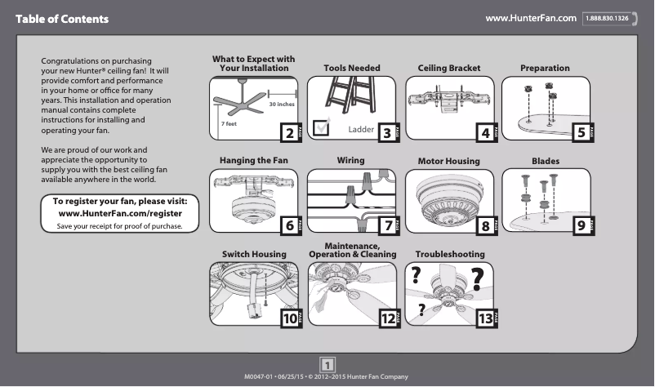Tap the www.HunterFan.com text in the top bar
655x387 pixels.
pos(531,18)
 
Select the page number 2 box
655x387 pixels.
pos(287,132)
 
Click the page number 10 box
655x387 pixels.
pos(290,319)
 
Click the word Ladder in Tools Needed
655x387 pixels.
pos(360,130)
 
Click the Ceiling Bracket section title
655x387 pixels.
pos(449,68)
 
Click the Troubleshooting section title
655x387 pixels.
pos(450,255)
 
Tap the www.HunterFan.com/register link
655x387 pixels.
pos(120,212)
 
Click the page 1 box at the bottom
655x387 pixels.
pos(327,364)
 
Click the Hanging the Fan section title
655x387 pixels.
pos(254,160)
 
